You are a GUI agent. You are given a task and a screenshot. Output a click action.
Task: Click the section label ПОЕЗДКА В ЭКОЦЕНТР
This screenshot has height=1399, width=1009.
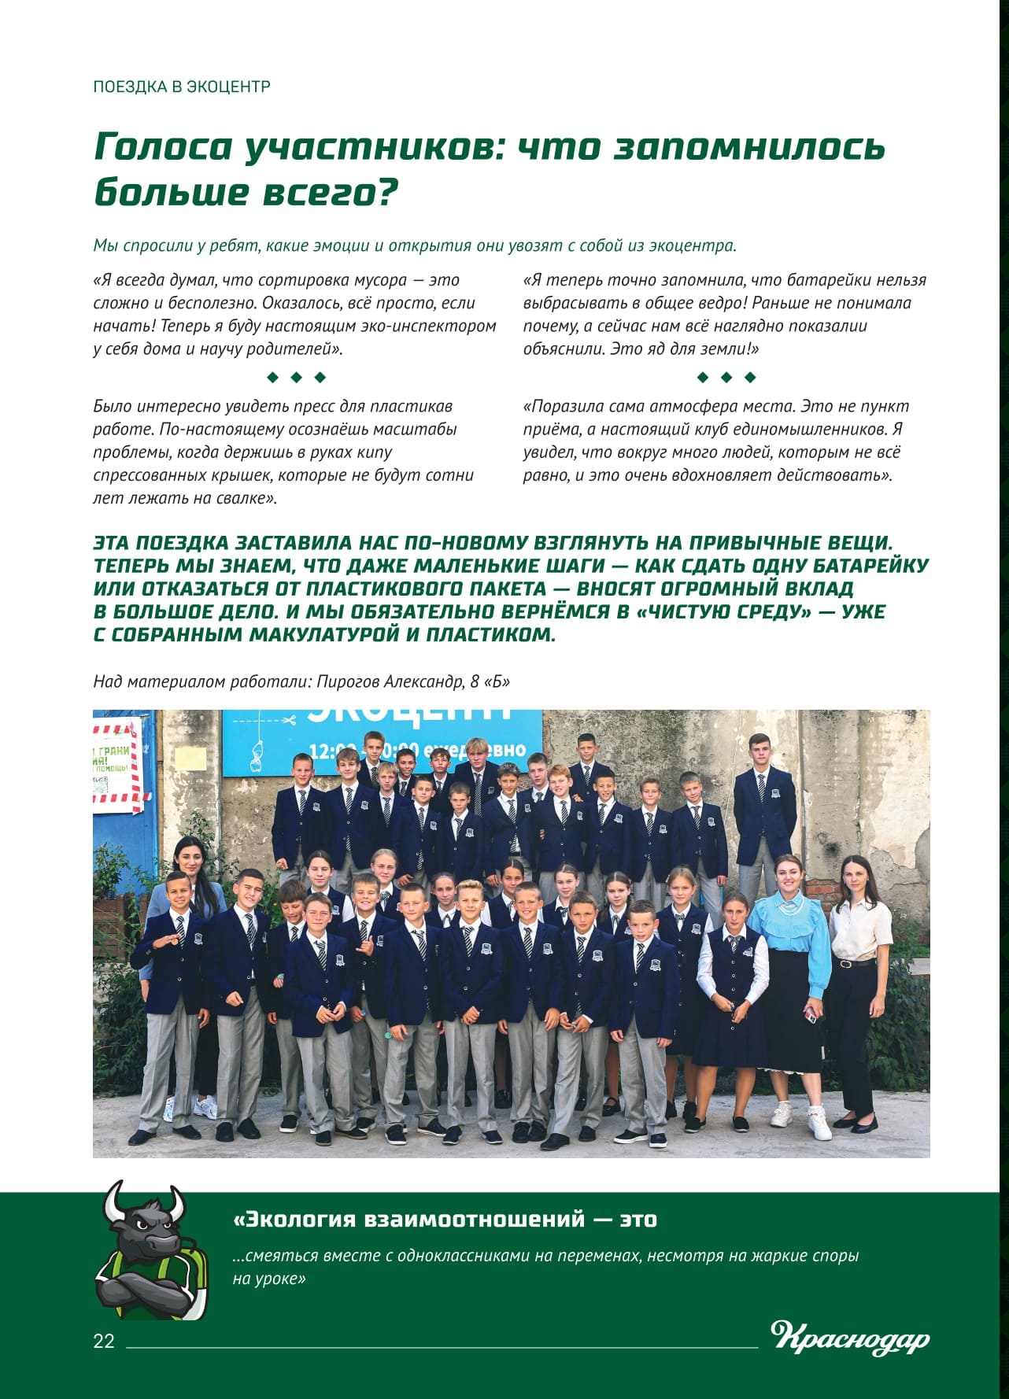pyautogui.click(x=182, y=87)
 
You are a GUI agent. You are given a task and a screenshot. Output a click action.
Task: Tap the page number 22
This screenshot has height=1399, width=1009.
pyautogui.click(x=104, y=1341)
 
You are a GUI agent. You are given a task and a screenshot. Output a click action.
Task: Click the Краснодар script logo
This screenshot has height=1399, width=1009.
pyautogui.click(x=850, y=1338)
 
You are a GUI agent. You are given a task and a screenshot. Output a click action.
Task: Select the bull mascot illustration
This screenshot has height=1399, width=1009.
pyautogui.click(x=151, y=1250)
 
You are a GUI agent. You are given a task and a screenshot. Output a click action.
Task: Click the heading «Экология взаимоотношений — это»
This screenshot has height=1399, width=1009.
pyautogui.click(x=445, y=1219)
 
